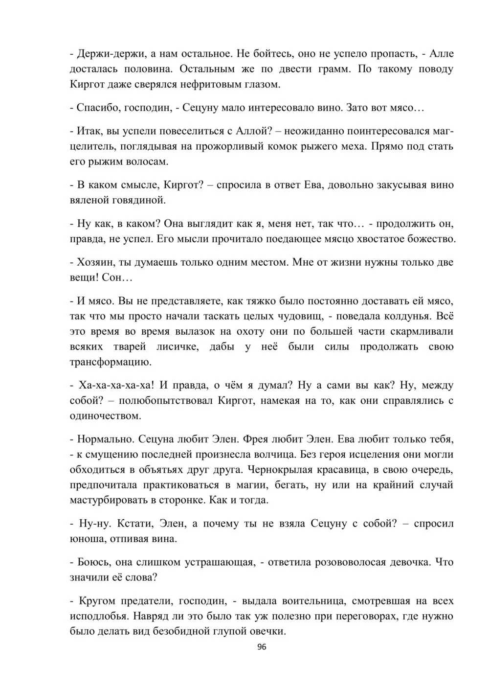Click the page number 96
261,647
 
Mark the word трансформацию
110,363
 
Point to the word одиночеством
106,416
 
